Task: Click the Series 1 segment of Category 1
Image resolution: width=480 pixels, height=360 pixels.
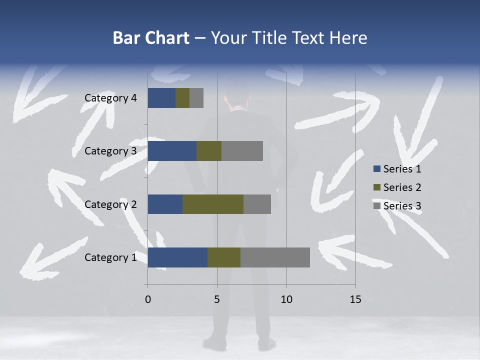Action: (177, 257)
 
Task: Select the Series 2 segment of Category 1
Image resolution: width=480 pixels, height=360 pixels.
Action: (224, 257)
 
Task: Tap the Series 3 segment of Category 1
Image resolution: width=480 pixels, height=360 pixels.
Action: (275, 257)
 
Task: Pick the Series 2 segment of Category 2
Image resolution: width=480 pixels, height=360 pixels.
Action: (213, 204)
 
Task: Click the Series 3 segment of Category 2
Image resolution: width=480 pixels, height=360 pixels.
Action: (257, 204)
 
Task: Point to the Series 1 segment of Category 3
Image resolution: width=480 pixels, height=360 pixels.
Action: (172, 151)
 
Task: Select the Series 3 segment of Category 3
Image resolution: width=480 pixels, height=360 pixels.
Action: (242, 151)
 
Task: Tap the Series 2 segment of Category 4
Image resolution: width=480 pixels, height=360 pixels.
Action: (182, 98)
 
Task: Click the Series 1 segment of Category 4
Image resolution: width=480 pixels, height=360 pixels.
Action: (161, 98)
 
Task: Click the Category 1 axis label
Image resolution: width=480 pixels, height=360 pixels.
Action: (110, 257)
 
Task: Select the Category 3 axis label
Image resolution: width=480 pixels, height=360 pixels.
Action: (110, 151)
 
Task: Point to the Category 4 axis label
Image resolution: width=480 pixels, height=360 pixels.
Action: (110, 98)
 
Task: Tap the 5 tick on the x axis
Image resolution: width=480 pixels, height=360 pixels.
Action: (217, 299)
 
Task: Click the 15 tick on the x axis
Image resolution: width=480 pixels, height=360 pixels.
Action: (355, 299)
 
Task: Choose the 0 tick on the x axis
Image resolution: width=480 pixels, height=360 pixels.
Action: (147, 299)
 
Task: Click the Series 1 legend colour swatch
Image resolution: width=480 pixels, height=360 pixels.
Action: (377, 169)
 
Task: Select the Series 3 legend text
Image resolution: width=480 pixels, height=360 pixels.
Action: (402, 206)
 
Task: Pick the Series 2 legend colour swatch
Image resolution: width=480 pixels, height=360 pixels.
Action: (377, 187)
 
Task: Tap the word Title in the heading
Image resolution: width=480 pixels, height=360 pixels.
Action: (269, 38)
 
